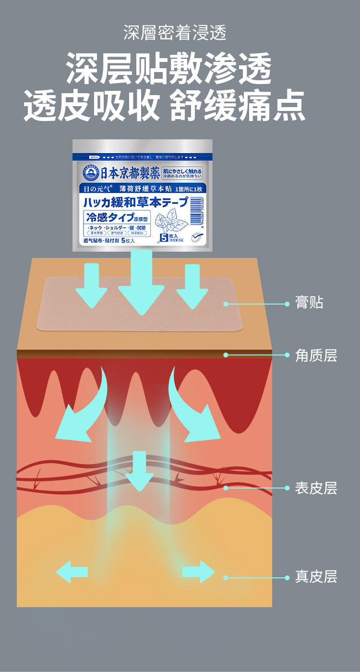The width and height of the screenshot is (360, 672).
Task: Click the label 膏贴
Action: (310, 303)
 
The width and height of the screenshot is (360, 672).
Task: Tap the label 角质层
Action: (316, 355)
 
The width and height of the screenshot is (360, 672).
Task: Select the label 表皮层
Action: (316, 488)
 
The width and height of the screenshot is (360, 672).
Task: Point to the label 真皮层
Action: (316, 576)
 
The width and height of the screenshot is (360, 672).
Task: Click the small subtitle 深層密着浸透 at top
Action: (175, 33)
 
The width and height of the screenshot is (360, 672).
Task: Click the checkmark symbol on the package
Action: (197, 237)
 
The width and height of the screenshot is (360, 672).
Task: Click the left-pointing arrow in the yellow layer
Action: (72, 572)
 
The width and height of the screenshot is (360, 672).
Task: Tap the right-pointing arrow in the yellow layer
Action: (198, 572)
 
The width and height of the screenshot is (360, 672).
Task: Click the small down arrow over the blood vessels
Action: (139, 471)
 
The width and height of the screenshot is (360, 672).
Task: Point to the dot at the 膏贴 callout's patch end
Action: (225, 304)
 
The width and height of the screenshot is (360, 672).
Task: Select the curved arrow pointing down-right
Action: (194, 408)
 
